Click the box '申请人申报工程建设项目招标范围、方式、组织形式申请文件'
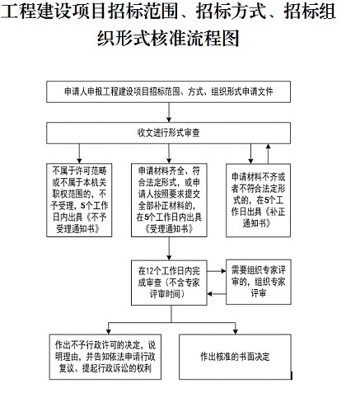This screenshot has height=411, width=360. point(168,91)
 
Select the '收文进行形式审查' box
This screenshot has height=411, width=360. point(168,133)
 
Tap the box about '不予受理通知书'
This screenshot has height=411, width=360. point(79,200)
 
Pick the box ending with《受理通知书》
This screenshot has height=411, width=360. point(169,200)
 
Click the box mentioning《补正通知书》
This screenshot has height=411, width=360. point(258,200)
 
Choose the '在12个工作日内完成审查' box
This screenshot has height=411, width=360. point(169,283)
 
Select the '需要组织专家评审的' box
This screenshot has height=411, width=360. point(259,282)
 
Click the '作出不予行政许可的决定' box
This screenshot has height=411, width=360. point(105,357)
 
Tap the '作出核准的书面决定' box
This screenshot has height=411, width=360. point(235,357)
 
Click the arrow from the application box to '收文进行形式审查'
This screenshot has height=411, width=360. point(169,113)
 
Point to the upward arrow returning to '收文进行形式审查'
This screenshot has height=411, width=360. point(269,154)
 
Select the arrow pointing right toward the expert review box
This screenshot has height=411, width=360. point(217,271)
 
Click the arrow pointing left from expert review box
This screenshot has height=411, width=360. point(217,294)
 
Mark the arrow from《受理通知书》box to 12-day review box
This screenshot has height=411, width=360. point(169,249)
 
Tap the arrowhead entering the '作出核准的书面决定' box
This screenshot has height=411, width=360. point(235,332)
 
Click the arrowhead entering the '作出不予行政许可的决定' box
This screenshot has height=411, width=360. point(109,332)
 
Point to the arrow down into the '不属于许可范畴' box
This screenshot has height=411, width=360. point(79,154)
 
